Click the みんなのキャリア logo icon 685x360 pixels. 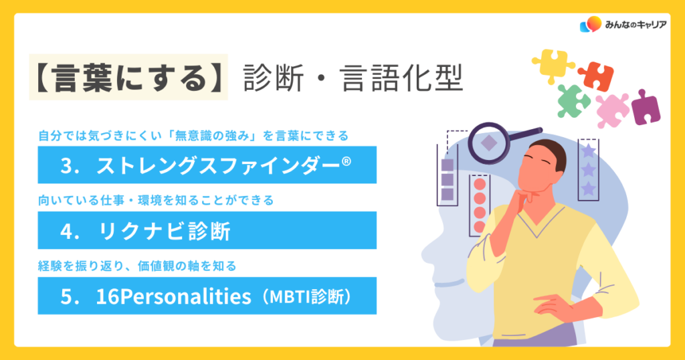(591, 25)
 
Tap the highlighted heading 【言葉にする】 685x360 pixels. (128, 78)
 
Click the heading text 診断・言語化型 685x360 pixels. (353, 78)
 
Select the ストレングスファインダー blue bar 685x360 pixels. (207, 165)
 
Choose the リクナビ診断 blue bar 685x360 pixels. (207, 230)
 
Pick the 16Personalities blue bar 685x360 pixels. (207, 296)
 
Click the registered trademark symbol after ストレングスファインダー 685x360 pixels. (346, 162)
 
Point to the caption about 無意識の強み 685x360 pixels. (193, 136)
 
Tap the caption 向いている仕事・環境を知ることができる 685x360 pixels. (156, 201)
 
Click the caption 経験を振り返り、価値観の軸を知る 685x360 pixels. (137, 266)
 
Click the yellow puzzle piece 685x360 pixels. (552, 65)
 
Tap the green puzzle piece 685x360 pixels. (573, 101)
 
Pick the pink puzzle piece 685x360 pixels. (612, 110)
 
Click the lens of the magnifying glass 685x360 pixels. (488, 143)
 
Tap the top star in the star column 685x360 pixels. (589, 151)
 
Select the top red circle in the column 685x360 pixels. (480, 184)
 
